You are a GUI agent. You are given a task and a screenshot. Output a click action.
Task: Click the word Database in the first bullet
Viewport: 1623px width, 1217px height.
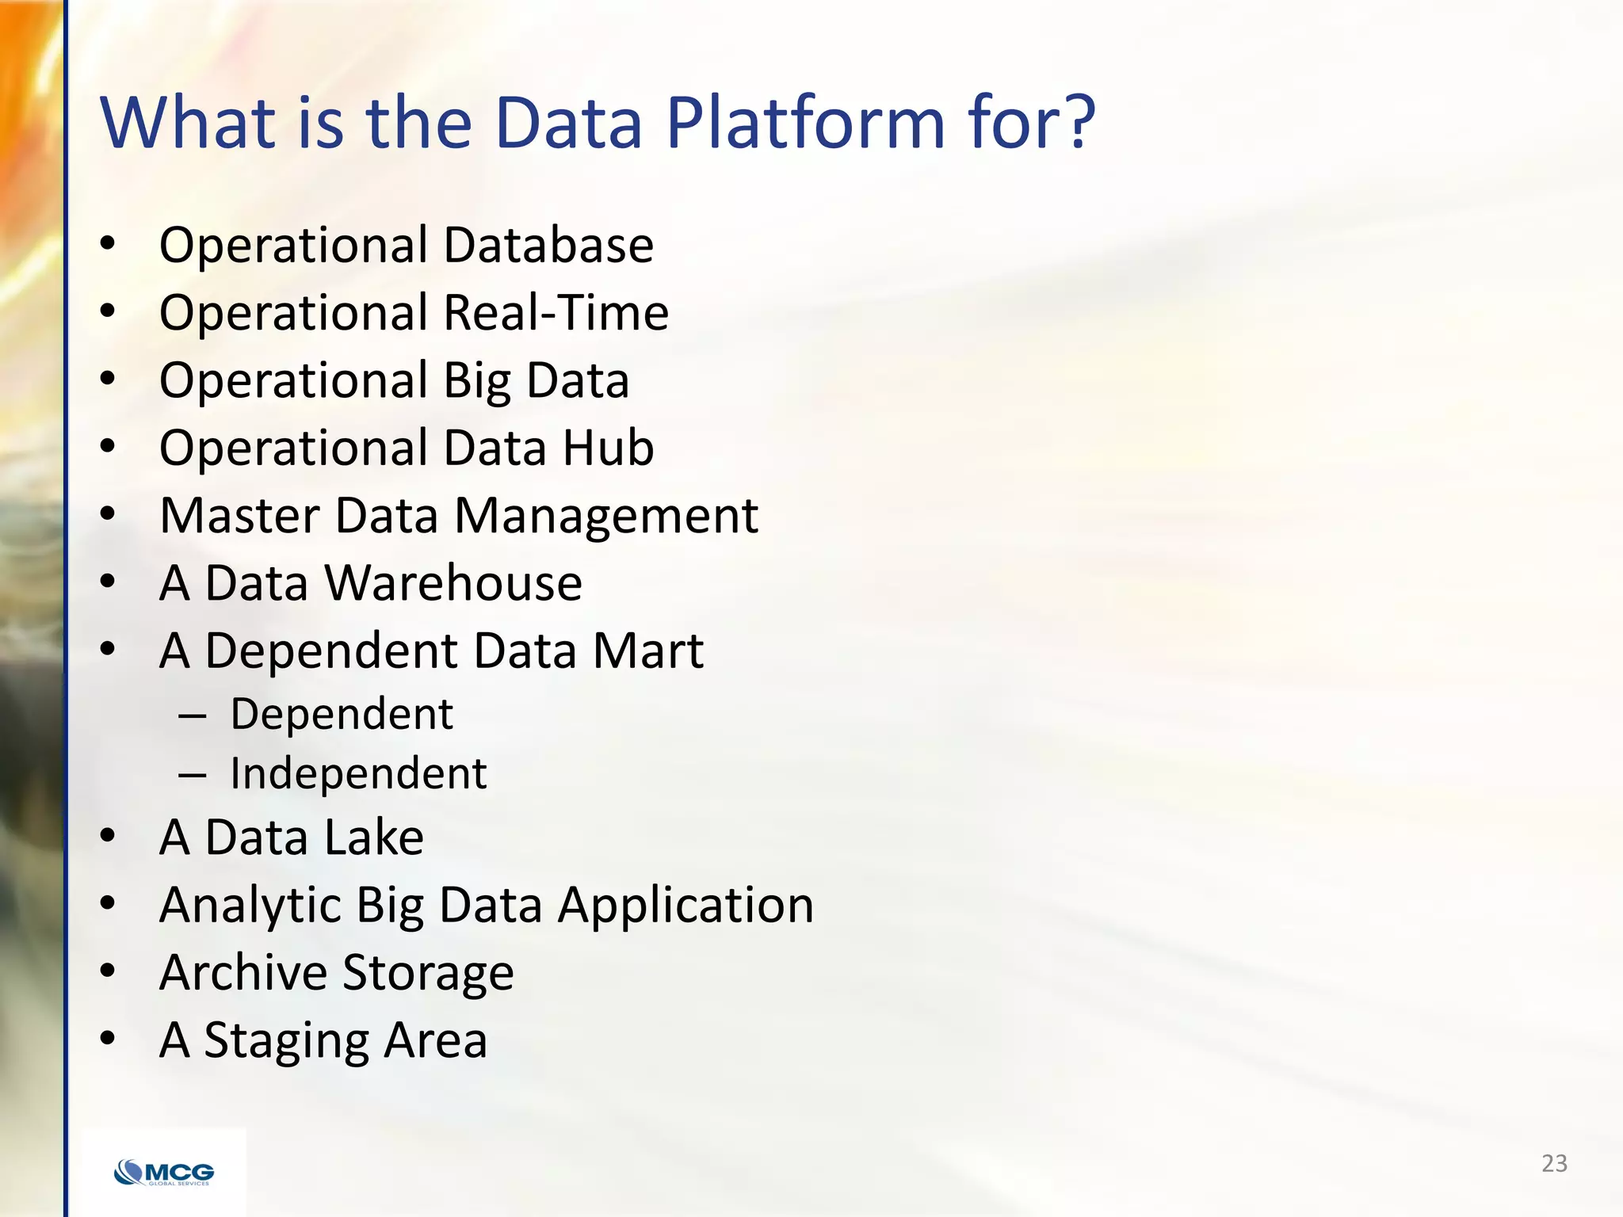tap(548, 245)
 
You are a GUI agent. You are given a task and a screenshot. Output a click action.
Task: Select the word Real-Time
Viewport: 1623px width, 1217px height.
tap(556, 312)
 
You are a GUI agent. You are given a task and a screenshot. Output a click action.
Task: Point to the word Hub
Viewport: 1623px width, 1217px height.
tap(608, 448)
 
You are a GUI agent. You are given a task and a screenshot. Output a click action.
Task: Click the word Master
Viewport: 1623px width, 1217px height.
tap(239, 516)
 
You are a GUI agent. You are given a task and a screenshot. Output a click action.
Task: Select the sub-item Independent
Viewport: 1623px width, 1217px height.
tap(358, 773)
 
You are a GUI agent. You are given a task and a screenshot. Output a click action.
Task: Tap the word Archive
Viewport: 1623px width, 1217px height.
tap(243, 973)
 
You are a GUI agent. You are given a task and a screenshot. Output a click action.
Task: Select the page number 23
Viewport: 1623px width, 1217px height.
tap(1554, 1163)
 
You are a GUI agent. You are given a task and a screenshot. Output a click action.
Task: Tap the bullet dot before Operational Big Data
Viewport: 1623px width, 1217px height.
tap(108, 379)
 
